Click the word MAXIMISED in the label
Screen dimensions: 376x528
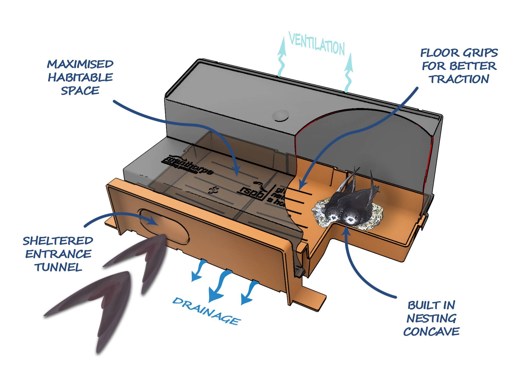(x=80, y=64)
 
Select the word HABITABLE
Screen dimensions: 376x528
(x=80, y=78)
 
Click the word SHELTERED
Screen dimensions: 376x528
(x=58, y=241)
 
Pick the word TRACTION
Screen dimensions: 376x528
(x=459, y=79)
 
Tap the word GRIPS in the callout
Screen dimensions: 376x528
(x=481, y=53)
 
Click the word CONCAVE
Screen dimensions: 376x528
(x=431, y=332)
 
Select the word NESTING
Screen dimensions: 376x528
(x=431, y=319)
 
